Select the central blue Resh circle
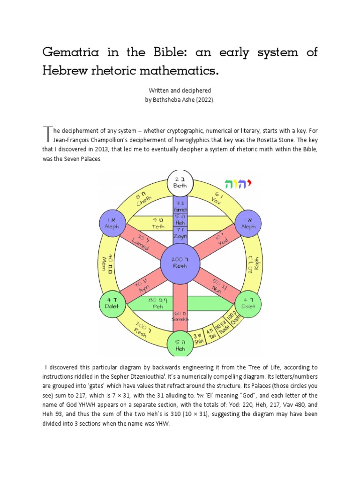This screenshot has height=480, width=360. coord(180,262)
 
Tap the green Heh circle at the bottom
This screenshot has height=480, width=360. coord(180,345)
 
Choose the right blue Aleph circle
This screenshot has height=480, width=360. coord(248,223)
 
